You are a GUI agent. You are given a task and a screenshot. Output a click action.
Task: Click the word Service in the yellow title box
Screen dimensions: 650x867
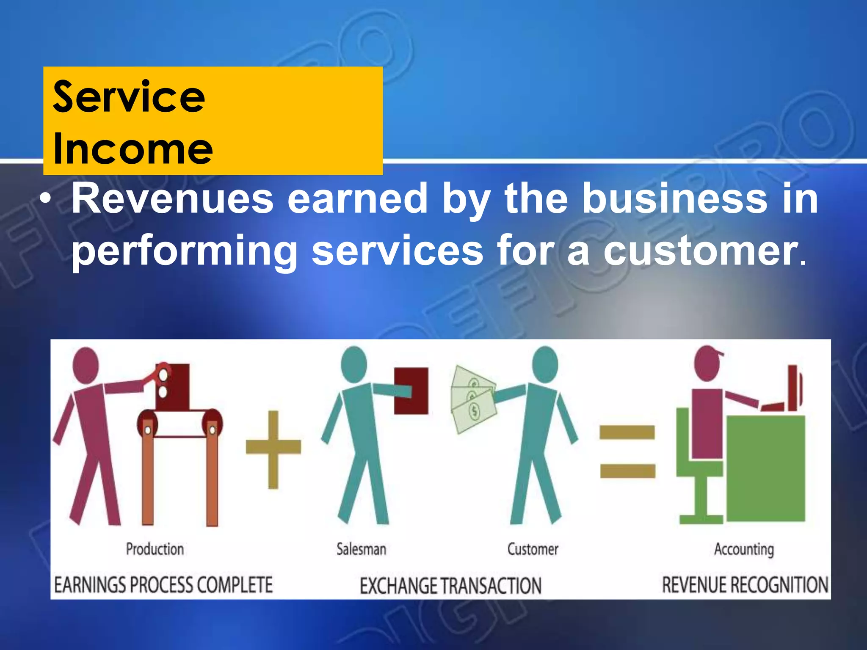point(129,97)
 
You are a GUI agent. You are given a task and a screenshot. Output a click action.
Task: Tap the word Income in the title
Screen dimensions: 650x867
point(133,149)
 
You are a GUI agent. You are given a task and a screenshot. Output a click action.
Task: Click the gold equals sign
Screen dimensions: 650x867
point(627,451)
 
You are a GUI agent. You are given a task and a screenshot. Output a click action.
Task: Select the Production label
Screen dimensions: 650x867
point(155,549)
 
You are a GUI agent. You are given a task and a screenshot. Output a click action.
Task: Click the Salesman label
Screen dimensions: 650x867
point(362,549)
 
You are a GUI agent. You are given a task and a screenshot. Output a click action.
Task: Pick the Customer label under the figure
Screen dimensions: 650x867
point(533,549)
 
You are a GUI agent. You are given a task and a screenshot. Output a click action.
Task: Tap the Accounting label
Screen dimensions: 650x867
point(744,549)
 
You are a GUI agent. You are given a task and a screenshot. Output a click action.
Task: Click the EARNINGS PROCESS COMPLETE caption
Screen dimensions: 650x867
point(163,585)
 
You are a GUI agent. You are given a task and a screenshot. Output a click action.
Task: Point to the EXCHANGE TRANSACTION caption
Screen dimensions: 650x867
point(450,586)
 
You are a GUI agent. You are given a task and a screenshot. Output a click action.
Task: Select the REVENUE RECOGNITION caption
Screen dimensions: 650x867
point(745,585)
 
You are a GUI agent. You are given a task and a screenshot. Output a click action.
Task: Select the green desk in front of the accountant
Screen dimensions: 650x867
point(766,468)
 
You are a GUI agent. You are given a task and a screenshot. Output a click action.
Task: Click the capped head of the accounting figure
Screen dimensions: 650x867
point(708,363)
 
